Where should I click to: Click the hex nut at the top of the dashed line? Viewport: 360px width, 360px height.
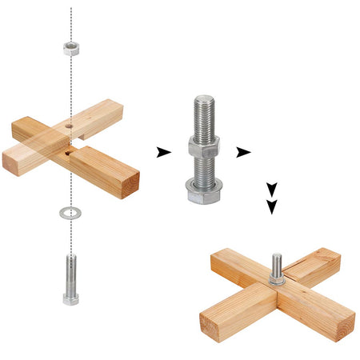click(x=71, y=47)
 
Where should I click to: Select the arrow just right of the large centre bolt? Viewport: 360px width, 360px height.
click(x=243, y=152)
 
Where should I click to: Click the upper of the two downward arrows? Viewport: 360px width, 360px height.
click(x=272, y=189)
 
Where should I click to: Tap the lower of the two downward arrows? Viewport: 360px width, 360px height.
click(x=272, y=206)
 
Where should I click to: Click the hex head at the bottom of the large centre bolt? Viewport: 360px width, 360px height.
click(x=204, y=197)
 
